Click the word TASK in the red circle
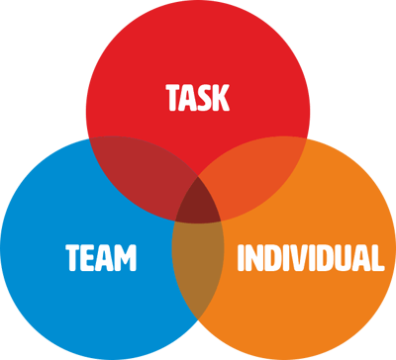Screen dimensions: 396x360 click(198, 98)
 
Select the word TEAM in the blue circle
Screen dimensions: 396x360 click(101, 259)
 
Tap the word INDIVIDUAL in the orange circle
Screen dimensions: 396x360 click(310, 259)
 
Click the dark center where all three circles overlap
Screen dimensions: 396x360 click(198, 203)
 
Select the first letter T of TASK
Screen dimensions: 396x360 click(173, 98)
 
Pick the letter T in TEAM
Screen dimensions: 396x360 click(73, 259)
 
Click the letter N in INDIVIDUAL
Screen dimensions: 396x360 click(256, 259)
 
